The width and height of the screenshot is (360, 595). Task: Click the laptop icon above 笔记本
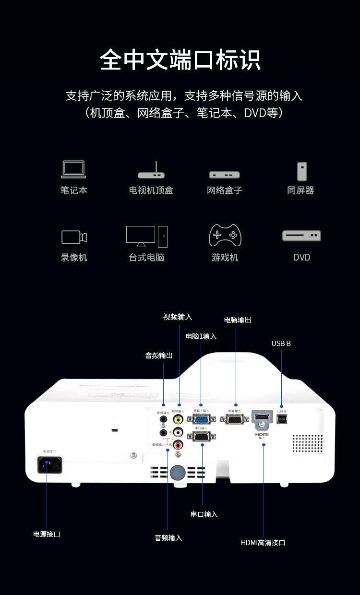click(x=73, y=170)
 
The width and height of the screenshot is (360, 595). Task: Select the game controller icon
click(x=225, y=235)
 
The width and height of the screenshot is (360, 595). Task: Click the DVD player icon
click(x=301, y=236)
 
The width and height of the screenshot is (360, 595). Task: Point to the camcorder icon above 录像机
click(x=74, y=237)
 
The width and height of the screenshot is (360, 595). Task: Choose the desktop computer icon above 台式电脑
click(x=147, y=236)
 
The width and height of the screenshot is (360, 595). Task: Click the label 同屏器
click(x=300, y=190)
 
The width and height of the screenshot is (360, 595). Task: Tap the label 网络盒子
click(x=225, y=190)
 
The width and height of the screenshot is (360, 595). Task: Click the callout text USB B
click(x=281, y=344)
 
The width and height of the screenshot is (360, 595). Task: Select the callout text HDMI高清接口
click(x=263, y=543)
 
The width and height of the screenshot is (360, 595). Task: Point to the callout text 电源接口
click(x=47, y=534)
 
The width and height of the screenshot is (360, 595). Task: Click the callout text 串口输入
click(x=204, y=514)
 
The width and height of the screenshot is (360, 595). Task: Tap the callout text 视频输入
click(x=178, y=317)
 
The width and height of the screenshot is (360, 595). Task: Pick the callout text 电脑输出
click(x=238, y=320)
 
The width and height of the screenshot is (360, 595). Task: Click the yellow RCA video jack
click(x=179, y=419)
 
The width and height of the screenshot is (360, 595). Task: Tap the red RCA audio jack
click(x=179, y=444)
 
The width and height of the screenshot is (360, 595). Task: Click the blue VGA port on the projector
click(x=202, y=419)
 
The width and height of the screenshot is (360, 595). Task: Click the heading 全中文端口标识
click(x=180, y=60)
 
